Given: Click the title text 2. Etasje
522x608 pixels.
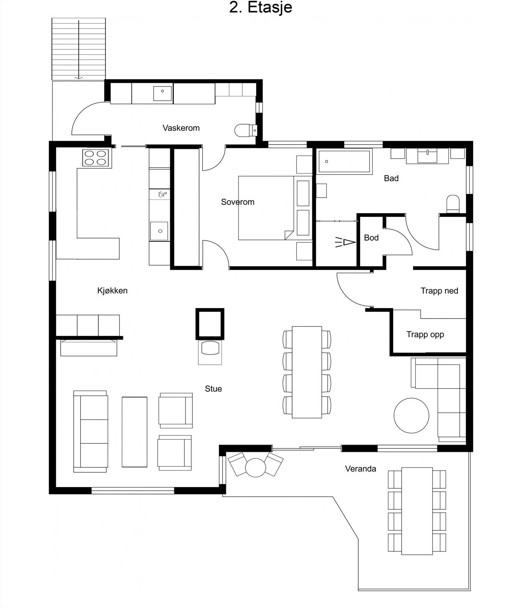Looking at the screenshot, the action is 261,8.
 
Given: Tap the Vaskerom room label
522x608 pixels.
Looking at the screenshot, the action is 181,128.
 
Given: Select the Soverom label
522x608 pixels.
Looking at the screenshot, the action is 238,202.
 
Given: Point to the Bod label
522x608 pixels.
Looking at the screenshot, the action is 371,237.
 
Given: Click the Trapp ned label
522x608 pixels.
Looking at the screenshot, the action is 439,291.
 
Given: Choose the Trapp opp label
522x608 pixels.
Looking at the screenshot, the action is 425,334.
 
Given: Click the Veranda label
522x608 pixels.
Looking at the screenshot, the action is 361,469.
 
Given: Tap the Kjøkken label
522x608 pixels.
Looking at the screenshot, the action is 112,291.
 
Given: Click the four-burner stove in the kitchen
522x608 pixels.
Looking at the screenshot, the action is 95,158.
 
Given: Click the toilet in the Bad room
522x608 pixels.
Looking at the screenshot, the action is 453,204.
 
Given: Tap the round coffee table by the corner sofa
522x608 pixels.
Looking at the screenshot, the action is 411,415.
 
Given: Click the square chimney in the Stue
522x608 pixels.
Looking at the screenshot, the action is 210,324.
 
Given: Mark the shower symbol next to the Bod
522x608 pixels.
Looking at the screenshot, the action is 345,242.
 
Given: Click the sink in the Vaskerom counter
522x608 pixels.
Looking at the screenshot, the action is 163,93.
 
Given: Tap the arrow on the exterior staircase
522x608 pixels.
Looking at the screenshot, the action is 79,49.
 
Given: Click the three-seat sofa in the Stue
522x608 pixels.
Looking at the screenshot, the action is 90,431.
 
